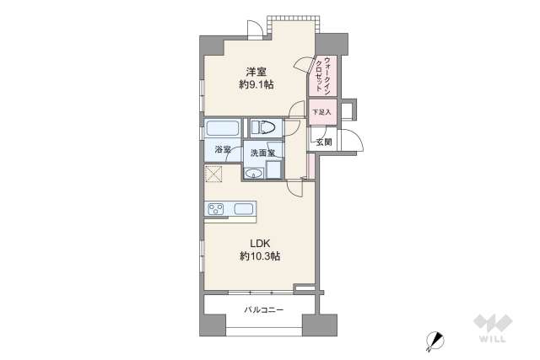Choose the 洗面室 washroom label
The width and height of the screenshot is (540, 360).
coord(264,153)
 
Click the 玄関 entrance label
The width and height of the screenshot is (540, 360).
coord(324,142)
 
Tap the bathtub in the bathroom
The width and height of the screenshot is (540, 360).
coord(224,130)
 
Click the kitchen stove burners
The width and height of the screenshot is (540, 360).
coord(216,209)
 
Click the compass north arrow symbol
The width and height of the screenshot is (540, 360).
coord(435,339)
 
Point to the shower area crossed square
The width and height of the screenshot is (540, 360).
coord(213,175)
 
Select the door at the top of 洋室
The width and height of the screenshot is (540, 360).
coord(251,29)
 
